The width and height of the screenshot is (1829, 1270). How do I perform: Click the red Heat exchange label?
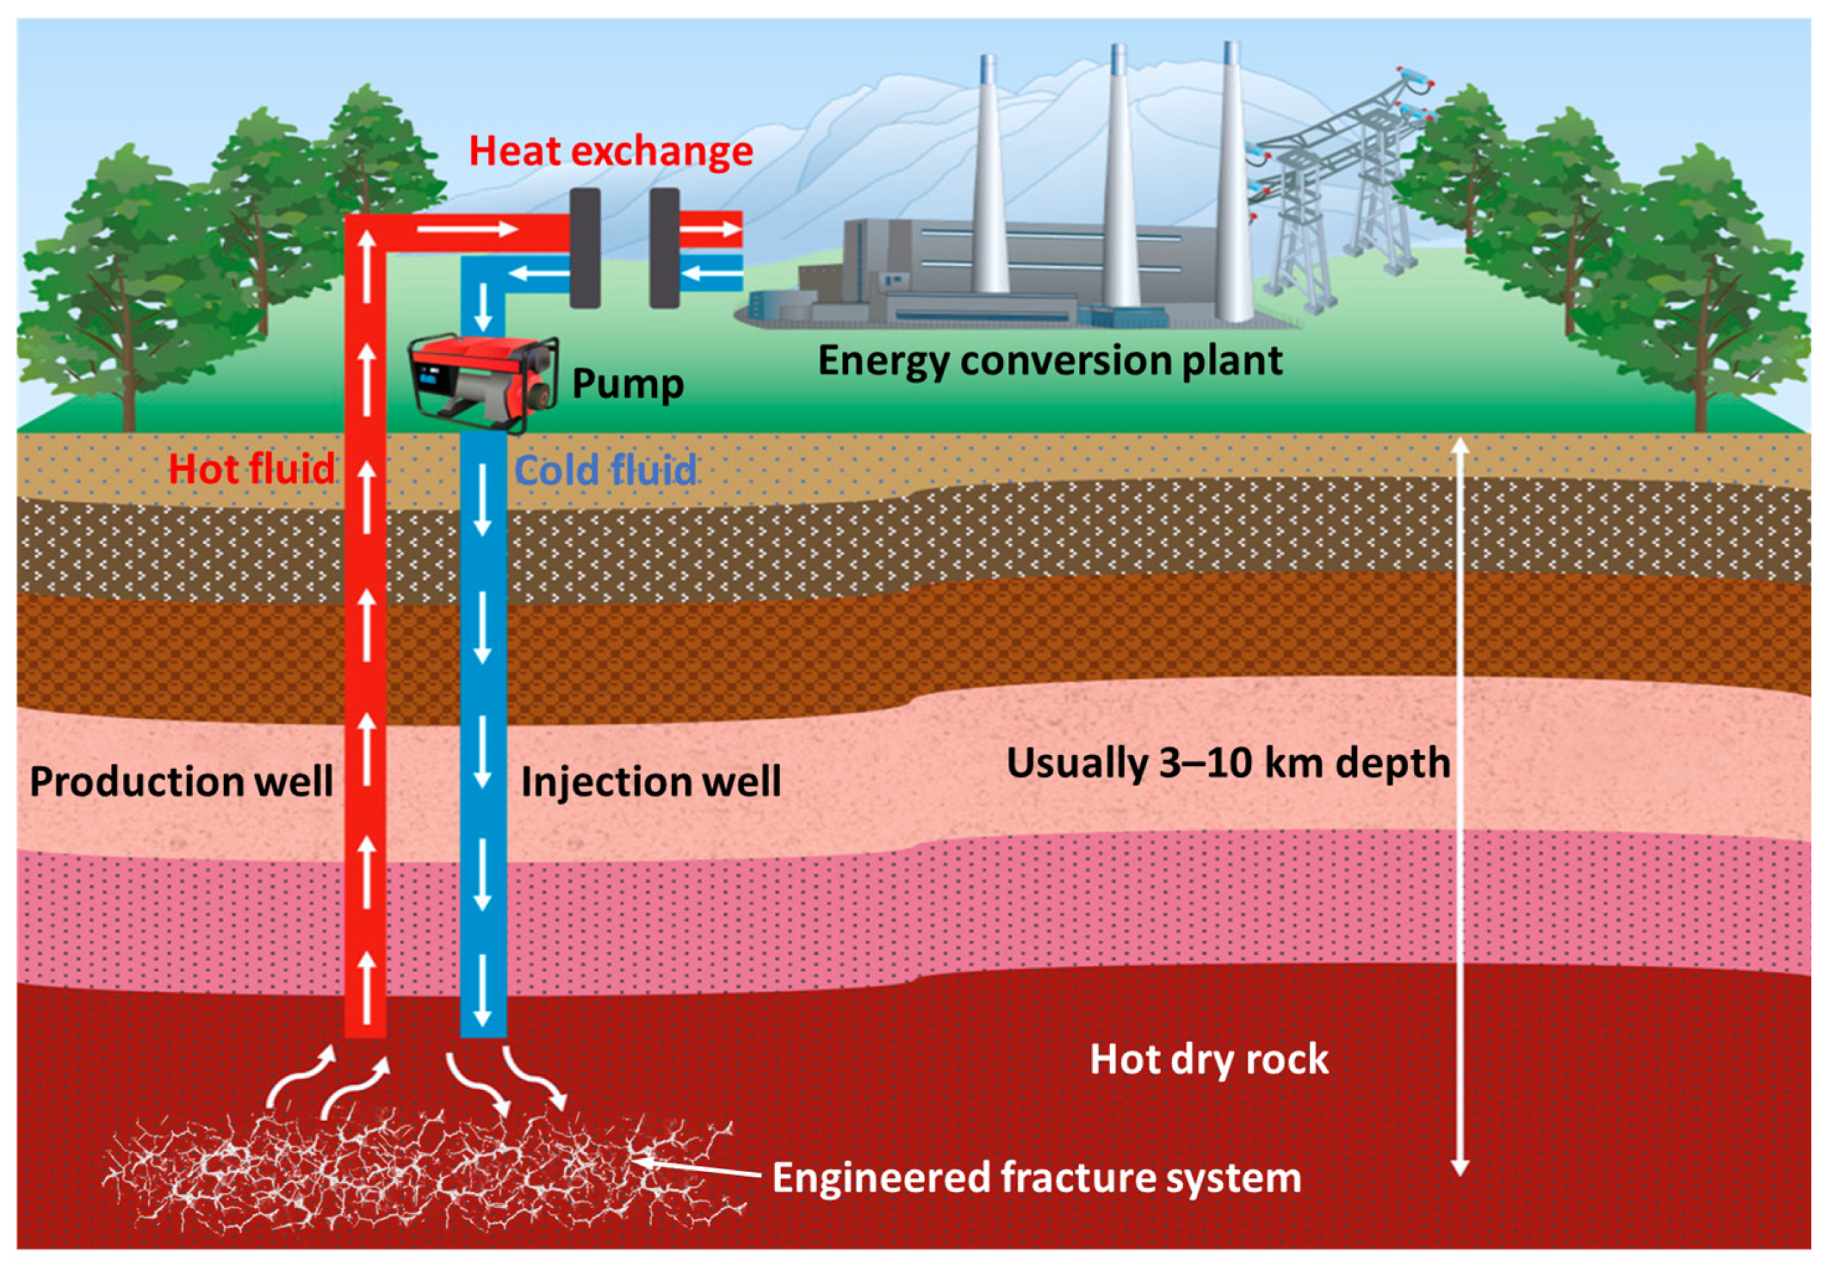pyautogui.click(x=610, y=151)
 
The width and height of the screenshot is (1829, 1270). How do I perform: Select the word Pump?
pyautogui.click(x=627, y=383)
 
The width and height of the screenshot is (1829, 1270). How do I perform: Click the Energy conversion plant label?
pyautogui.click(x=1049, y=361)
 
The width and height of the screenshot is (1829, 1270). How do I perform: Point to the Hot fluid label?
pyautogui.click(x=252, y=469)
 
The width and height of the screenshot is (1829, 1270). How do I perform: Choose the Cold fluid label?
pyautogui.click(x=605, y=470)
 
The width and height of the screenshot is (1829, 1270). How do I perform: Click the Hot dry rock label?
pyautogui.click(x=1209, y=1059)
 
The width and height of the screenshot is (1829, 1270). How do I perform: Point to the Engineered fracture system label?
pyautogui.click(x=1035, y=1178)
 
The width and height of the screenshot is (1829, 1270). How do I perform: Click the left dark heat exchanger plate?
pyautogui.click(x=585, y=248)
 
